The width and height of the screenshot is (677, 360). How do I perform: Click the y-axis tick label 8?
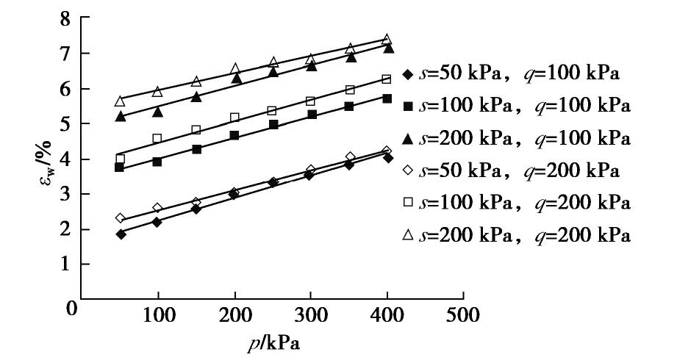[x=65, y=18]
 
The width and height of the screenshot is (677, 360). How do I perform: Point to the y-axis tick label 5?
[x=65, y=123]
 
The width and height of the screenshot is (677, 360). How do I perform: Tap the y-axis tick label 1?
[x=65, y=264]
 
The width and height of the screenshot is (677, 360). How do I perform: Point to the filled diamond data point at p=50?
[x=121, y=234]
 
